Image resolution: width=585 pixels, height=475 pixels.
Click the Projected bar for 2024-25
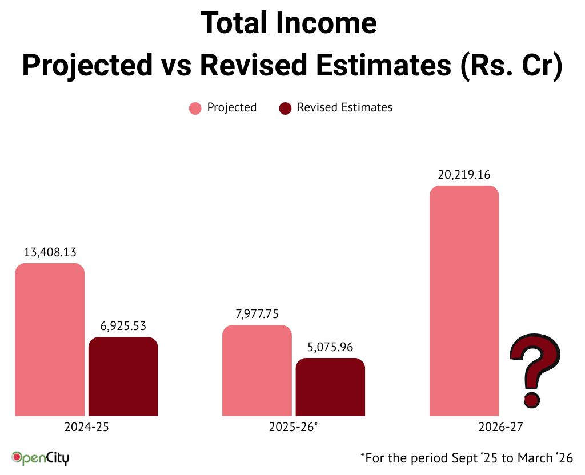click(50, 340)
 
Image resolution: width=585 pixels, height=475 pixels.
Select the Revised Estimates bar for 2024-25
click(123, 376)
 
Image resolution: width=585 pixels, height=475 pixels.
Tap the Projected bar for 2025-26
click(257, 371)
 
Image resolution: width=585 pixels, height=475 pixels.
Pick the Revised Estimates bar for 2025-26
click(330, 387)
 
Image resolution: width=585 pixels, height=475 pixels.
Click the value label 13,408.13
click(50, 252)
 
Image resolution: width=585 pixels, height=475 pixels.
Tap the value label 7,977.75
click(257, 314)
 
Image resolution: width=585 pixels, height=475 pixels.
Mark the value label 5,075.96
click(330, 347)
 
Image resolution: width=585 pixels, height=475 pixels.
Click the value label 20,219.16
click(464, 175)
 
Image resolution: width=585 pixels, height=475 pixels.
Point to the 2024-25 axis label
click(86, 427)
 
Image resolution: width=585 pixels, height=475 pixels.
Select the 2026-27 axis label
click(501, 427)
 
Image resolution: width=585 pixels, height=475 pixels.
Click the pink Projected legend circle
click(195, 108)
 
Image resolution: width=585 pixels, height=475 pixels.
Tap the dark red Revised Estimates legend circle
click(285, 108)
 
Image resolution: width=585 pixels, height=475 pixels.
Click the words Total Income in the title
click(289, 24)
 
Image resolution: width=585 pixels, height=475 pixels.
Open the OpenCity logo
click(41, 457)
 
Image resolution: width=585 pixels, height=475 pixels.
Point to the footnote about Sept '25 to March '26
click(466, 457)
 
